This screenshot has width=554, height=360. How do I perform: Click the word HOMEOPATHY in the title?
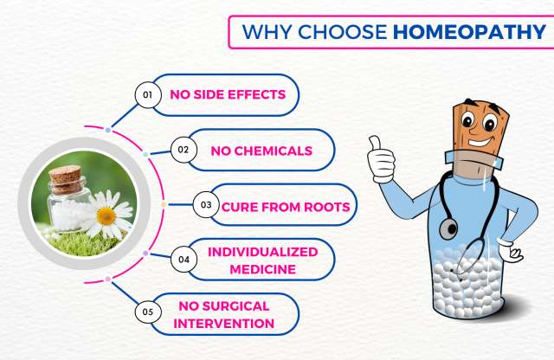[x=469, y=32]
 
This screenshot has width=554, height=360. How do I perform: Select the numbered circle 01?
[x=148, y=94]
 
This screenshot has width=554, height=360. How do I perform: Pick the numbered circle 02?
[x=184, y=150]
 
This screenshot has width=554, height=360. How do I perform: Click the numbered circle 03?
[x=206, y=204]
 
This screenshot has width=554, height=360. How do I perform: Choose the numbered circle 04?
[x=184, y=260]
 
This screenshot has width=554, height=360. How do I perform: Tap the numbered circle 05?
[x=148, y=312]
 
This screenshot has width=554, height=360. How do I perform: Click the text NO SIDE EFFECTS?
[x=228, y=94]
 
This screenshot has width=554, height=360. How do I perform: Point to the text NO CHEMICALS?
[x=261, y=151]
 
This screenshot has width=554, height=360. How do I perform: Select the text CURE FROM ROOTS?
[x=286, y=207]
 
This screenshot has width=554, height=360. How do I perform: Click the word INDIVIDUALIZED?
[x=263, y=252]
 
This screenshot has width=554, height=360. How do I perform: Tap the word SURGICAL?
[x=235, y=306]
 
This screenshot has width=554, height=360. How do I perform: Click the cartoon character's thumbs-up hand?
[x=381, y=160]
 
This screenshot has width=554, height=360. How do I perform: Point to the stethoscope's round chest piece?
[x=448, y=229]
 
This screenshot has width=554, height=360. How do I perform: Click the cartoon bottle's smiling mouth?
[x=480, y=142]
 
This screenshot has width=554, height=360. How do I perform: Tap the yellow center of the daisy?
[x=106, y=215]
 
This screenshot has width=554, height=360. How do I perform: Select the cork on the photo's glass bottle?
[x=66, y=179]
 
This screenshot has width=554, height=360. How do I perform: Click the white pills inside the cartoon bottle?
[x=467, y=283]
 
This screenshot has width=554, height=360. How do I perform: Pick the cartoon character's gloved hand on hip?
[x=511, y=250]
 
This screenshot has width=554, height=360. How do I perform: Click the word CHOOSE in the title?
[x=343, y=32]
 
